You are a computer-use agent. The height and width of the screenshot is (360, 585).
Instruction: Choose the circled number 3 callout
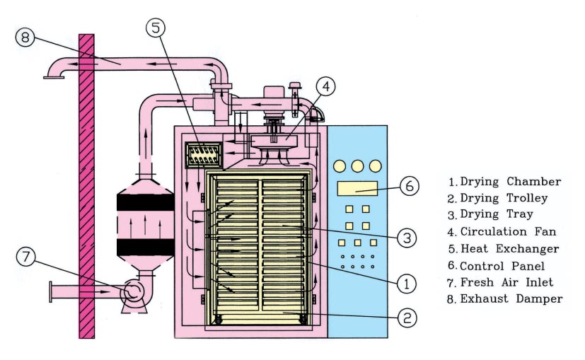[403, 238]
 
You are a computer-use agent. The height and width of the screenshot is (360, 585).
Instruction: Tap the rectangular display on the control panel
[356, 187]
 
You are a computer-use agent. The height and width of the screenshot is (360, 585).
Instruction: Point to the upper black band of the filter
[145, 202]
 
